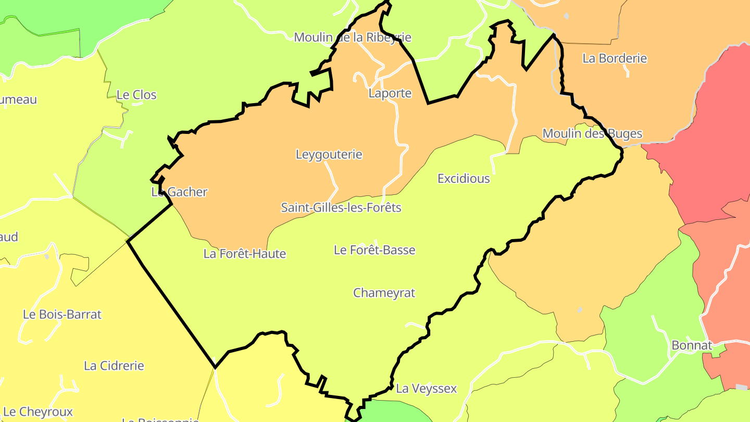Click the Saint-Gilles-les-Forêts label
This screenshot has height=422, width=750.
[x=341, y=207]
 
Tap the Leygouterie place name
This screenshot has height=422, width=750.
[x=329, y=154]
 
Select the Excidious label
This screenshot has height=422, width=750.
[x=464, y=179]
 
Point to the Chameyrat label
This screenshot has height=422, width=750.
[x=384, y=293]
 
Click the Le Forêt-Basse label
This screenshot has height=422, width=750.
[x=374, y=250]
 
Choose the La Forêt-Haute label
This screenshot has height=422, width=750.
[x=245, y=254]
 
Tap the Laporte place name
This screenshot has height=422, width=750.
[x=390, y=93]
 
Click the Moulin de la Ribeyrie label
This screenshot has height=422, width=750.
[x=353, y=38]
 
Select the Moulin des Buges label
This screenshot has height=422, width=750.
[x=592, y=133]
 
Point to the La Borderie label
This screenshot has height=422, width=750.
[x=615, y=58]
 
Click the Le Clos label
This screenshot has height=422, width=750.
[x=136, y=95]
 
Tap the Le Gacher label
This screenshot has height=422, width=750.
[x=179, y=192]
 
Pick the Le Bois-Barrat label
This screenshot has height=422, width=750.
[x=62, y=314]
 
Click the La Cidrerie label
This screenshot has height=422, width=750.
[x=114, y=365]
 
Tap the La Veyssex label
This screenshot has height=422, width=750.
[x=426, y=388]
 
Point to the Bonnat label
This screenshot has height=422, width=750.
[x=692, y=345]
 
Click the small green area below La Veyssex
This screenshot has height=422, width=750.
[x=396, y=412]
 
